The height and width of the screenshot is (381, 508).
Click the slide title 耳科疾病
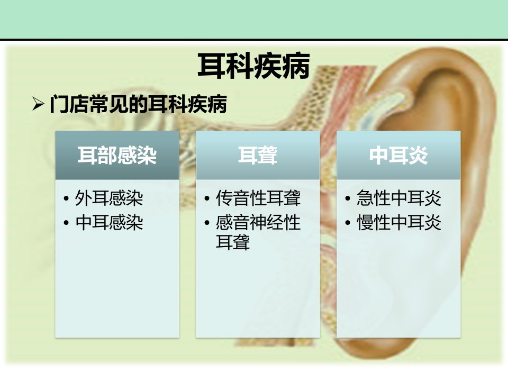253,66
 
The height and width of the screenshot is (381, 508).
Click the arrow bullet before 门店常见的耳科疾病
38,104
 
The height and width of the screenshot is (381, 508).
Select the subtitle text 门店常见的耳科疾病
138,104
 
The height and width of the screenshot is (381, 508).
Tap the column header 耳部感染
117,155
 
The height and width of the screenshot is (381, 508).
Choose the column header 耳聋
258,155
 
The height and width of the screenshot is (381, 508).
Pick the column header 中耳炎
398,155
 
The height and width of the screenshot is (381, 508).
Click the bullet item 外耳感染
109,198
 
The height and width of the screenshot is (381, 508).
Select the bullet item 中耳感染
109,223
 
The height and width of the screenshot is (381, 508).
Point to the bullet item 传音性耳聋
258,198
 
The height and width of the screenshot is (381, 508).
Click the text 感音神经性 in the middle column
258,223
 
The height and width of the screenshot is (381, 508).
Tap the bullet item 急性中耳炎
399,198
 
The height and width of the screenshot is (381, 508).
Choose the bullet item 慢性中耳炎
399,223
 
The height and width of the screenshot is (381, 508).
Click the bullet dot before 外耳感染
67,198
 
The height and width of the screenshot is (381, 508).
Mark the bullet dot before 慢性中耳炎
348,223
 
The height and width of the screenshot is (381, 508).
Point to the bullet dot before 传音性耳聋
207,198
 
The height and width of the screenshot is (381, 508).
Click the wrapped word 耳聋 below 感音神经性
233,242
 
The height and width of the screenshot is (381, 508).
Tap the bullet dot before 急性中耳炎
348,198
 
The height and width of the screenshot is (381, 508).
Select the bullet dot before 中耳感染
67,223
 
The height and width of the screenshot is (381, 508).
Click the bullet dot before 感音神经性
207,223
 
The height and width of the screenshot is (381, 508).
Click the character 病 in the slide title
296,66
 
